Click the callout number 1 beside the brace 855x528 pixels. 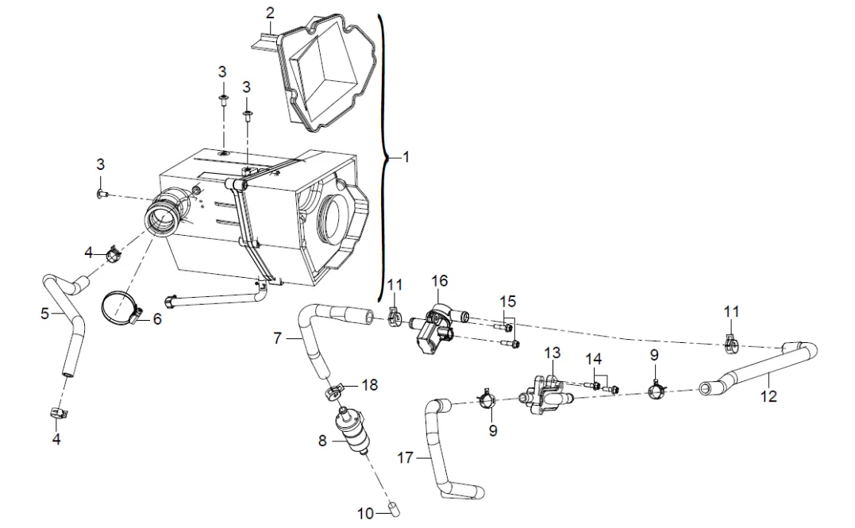click(x=406, y=157)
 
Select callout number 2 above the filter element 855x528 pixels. click(x=271, y=13)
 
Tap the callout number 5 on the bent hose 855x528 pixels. click(x=45, y=314)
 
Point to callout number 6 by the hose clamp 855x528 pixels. click(x=157, y=318)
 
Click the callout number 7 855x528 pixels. click(x=278, y=339)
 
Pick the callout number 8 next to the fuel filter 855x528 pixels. click(x=322, y=440)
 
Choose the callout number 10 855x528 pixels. click(x=365, y=513)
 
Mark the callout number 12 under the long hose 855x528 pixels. click(x=768, y=395)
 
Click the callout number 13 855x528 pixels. click(x=553, y=353)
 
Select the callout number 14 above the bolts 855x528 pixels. click(x=594, y=359)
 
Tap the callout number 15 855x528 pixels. click(x=507, y=301)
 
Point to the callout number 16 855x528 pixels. click(x=440, y=281)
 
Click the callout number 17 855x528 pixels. click(x=405, y=457)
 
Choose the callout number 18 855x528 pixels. click(x=370, y=384)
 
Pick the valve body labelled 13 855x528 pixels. click(x=546, y=394)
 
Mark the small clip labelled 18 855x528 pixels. click(x=334, y=391)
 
